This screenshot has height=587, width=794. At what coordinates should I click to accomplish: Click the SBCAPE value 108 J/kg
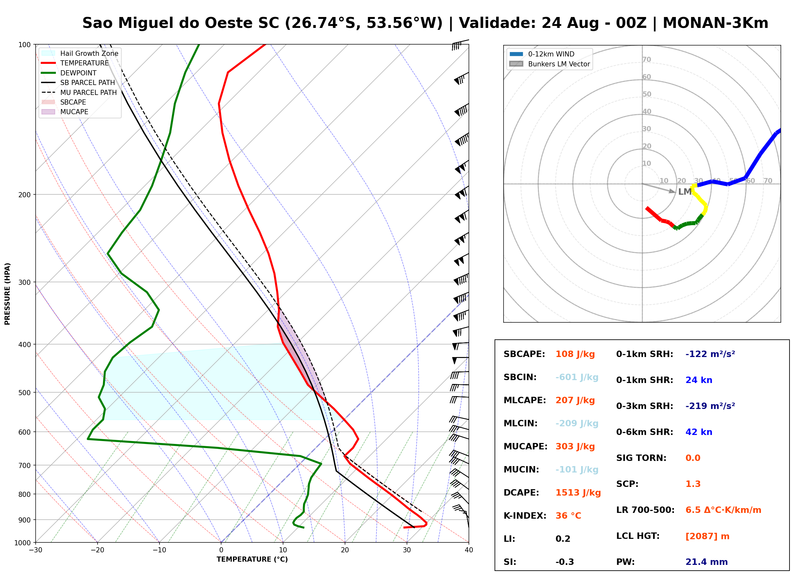coord(575,354)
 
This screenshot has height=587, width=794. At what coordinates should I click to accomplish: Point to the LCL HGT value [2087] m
coord(707,536)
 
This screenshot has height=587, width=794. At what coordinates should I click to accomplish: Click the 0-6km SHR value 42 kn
coord(699,432)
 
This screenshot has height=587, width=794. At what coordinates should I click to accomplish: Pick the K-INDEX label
coord(525,516)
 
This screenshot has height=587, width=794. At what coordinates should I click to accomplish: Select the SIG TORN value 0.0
coord(693,458)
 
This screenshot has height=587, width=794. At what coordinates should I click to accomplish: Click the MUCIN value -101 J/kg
coord(577,470)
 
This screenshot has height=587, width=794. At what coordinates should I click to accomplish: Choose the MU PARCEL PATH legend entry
coord(79,92)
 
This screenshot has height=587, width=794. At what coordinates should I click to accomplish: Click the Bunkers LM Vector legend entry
coord(549,64)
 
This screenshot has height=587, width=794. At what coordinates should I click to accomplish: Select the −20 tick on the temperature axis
coord(97,550)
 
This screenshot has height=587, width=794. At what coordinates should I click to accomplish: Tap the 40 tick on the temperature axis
coord(469,550)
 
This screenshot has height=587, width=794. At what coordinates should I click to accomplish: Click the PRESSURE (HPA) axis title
coord(7,294)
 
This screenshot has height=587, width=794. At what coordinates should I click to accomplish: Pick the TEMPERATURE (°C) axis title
coord(252,559)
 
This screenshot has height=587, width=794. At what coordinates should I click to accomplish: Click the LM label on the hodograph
coord(685,192)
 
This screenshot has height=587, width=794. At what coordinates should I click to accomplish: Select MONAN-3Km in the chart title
coord(715,23)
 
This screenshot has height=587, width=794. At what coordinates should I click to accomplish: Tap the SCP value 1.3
coord(693,484)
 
